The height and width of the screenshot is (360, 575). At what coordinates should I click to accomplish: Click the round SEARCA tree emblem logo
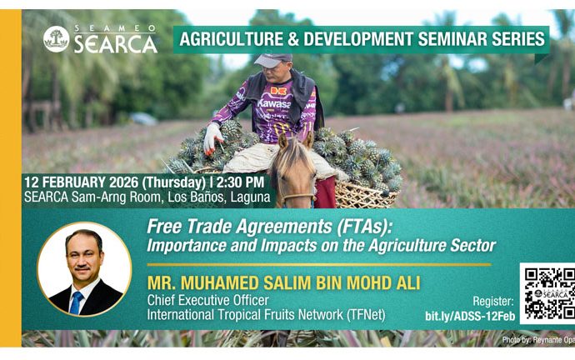56,39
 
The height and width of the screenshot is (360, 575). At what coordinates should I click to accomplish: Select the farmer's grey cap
272,61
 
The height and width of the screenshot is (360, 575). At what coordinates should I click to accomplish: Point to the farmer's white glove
212,138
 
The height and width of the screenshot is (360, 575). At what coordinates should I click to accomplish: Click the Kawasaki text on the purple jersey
274,103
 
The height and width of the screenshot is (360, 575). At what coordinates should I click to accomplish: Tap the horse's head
294,169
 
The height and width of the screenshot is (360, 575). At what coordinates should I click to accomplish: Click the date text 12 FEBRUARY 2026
81,182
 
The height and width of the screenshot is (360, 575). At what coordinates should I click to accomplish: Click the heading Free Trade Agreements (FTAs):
269,227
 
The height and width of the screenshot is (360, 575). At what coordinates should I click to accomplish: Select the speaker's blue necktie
77,303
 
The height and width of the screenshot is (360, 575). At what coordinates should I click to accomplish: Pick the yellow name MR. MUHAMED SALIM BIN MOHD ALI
283,283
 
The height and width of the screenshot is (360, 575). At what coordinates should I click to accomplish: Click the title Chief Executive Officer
208,300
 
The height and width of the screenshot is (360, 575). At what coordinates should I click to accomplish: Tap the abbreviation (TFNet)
366,314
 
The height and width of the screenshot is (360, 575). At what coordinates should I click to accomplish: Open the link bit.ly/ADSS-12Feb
470,316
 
